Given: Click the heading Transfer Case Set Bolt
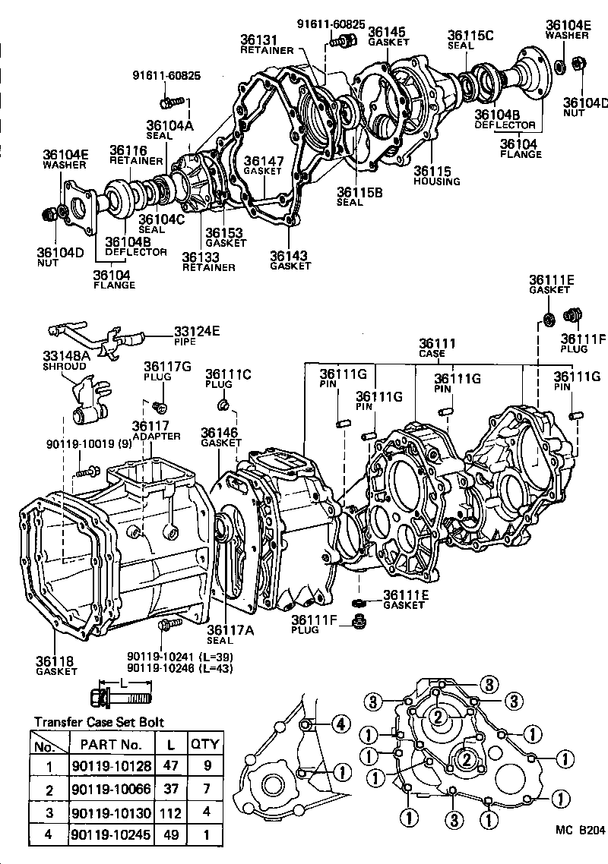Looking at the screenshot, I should click(99, 722).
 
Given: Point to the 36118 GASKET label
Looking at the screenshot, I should click(55, 665).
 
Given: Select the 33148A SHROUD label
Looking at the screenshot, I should click(65, 359).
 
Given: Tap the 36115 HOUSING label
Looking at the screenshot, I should click(436, 176).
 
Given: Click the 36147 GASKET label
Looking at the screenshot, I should click(263, 166).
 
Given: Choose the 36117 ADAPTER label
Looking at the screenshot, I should click(156, 430).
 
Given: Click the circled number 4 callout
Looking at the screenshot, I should click(340, 724).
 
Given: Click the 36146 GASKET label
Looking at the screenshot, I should click(220, 437).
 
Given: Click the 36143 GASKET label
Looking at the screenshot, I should click(290, 260).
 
